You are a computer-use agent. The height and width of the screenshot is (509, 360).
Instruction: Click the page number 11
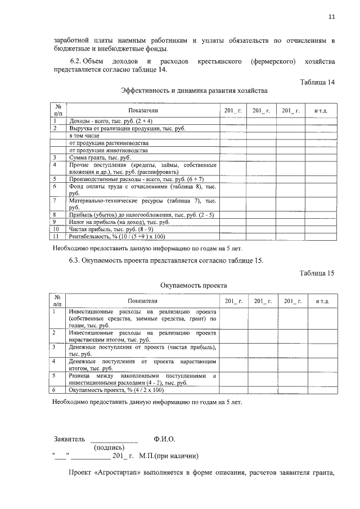[x=332, y=17]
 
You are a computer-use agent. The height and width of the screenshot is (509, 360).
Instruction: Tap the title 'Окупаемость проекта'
[x=193, y=285]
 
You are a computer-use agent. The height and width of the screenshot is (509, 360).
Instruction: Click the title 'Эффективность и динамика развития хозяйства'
[x=194, y=91]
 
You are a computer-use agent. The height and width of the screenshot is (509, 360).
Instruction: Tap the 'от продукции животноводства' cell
[x=109, y=151]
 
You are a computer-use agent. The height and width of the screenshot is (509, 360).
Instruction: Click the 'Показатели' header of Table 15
[x=143, y=302]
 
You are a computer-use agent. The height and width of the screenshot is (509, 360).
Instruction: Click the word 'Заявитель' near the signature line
[x=69, y=439]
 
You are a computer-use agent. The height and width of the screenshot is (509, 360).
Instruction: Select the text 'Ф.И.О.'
[x=165, y=439]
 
